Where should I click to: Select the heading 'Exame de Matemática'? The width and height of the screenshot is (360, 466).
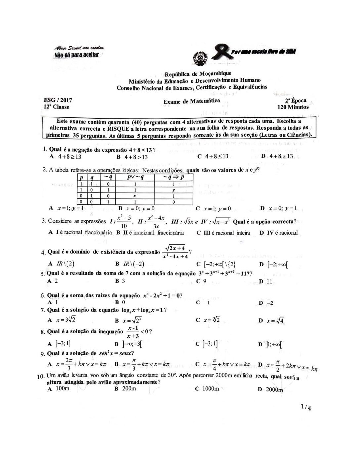coord(192,101)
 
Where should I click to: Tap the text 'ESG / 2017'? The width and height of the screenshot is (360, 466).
coord(58,100)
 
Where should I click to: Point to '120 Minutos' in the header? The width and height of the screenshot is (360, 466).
coord(293,107)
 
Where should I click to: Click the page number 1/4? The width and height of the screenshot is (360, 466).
coord(306,408)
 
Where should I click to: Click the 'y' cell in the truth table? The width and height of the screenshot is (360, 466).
coord(173,190)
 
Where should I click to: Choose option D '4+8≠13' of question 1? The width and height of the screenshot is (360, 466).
coord(277,156)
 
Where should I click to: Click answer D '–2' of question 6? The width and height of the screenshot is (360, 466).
coord(266,303)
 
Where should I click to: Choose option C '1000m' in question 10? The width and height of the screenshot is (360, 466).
coord(207,389)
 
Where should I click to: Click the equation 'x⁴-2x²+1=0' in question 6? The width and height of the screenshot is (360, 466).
coord(162,295)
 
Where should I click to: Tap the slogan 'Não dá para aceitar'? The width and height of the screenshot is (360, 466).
coord(76,54)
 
